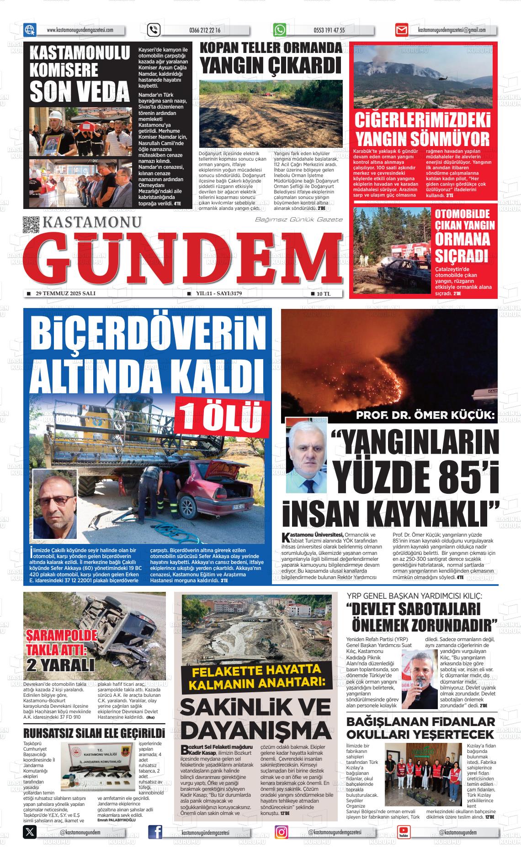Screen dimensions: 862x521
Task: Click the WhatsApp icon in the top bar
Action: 280,30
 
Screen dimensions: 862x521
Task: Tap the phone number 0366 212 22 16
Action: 204,31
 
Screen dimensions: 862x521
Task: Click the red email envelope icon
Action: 401,31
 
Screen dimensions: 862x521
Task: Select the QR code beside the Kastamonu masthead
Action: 32,225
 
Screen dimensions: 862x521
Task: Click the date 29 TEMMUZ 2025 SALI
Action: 65,293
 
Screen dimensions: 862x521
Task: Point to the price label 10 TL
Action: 324,294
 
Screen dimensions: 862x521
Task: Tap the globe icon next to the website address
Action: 30,30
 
